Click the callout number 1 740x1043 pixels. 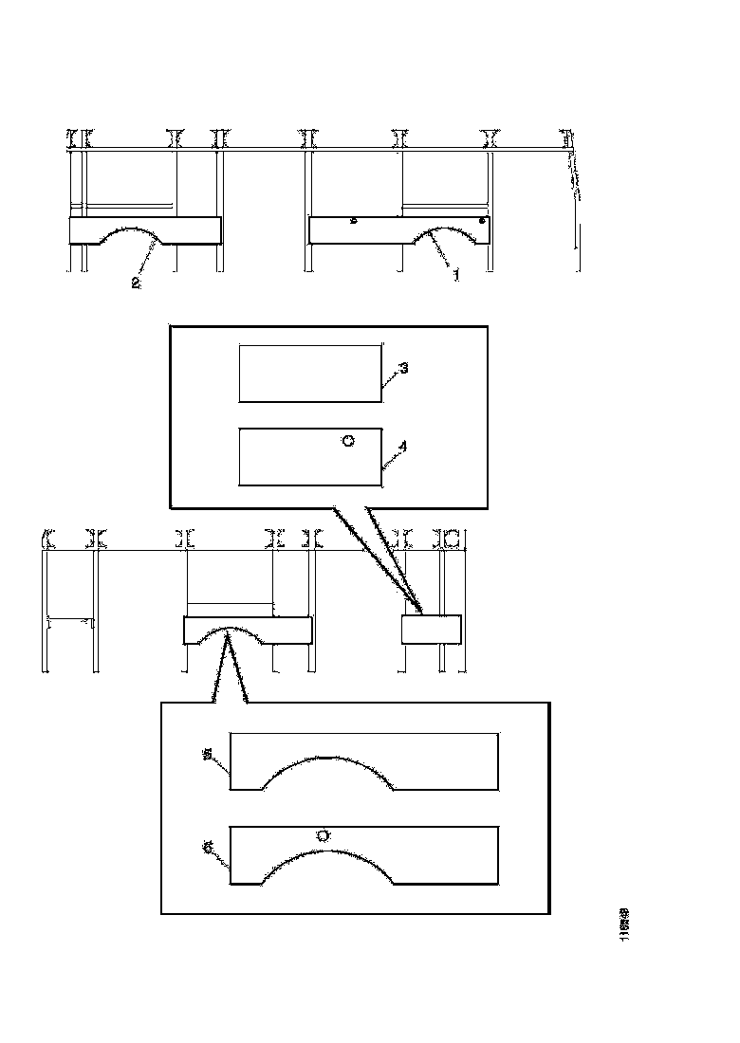click(x=455, y=275)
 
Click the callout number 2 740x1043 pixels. click(x=136, y=283)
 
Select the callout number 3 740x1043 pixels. click(x=403, y=368)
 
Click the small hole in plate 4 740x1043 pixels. click(x=348, y=441)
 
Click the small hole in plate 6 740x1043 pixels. click(x=323, y=835)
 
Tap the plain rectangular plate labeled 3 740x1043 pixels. click(x=310, y=374)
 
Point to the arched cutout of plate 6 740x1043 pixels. click(x=327, y=853)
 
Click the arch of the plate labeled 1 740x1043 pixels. click(x=452, y=231)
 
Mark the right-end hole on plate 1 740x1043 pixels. click(x=482, y=220)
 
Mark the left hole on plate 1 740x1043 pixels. click(x=353, y=222)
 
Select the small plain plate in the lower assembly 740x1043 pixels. click(x=432, y=630)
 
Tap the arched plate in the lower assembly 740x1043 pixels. click(x=248, y=631)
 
